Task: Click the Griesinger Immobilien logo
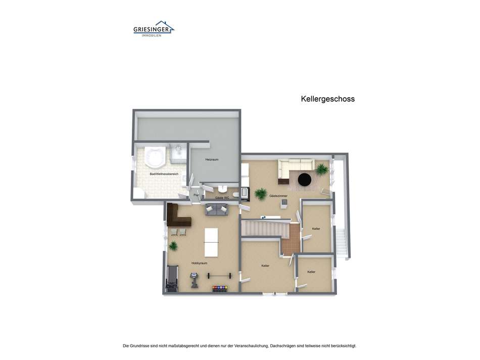pos(154,29)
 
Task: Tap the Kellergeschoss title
pos(327,99)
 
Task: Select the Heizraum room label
pos(212,160)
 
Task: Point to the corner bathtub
pos(154,157)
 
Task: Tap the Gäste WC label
pos(222,198)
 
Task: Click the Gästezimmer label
pos(278,196)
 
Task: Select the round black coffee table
pos(305,179)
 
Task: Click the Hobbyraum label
pos(199,263)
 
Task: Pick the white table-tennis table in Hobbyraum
pos(210,242)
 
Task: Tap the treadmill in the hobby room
pos(172,279)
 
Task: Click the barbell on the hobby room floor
pos(219,276)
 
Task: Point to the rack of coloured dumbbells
pos(220,289)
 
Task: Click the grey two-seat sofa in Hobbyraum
pos(216,210)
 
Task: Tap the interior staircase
pos(264,229)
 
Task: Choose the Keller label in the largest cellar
pos(265,266)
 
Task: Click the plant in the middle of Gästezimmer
pos(261,194)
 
